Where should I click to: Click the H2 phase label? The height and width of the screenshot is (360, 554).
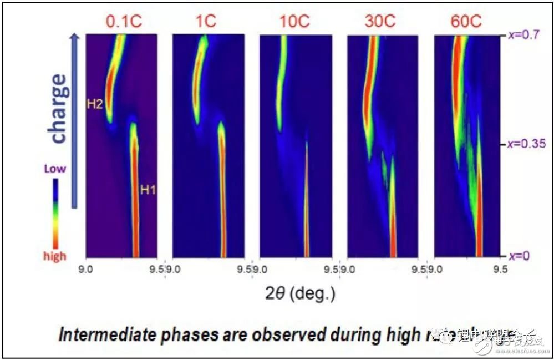(95, 103)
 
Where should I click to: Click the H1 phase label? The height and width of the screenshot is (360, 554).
(148, 190)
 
